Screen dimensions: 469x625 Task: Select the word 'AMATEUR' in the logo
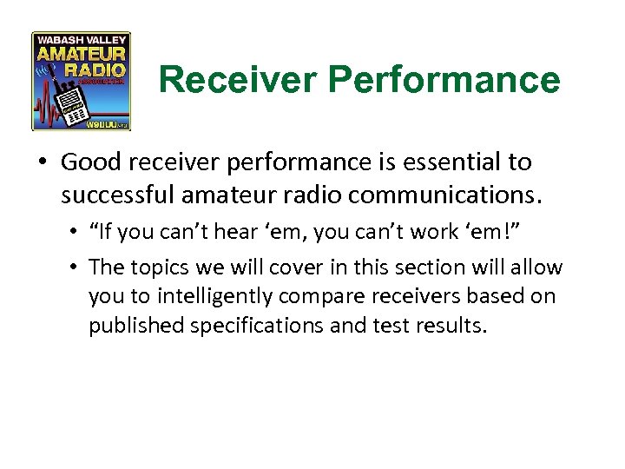(x=82, y=52)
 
